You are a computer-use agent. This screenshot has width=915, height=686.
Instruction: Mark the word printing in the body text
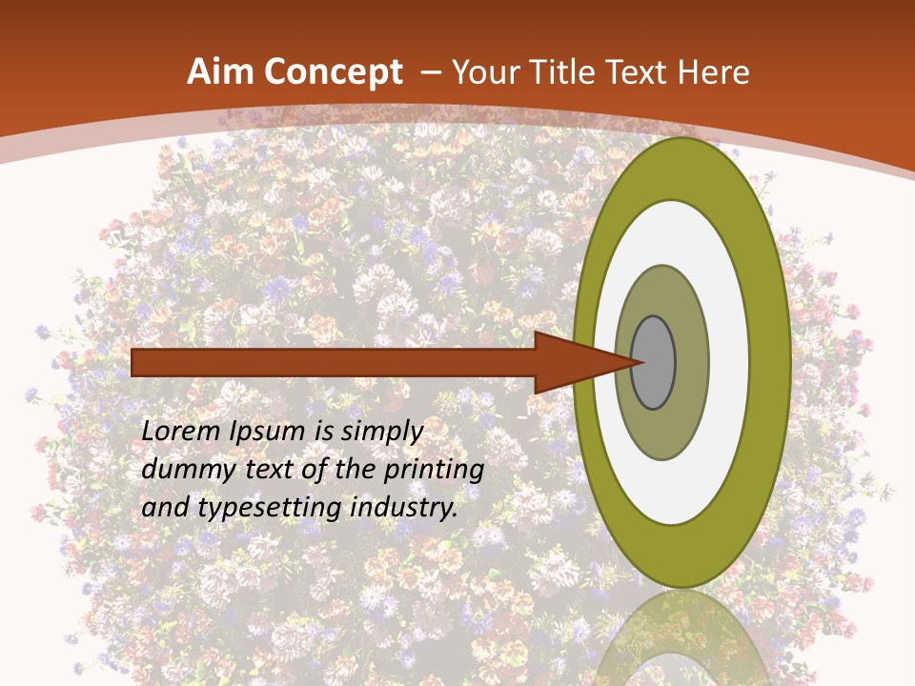(x=434, y=471)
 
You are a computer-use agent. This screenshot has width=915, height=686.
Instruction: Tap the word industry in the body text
(x=404, y=509)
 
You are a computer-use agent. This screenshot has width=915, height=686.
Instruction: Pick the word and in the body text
(x=164, y=508)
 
